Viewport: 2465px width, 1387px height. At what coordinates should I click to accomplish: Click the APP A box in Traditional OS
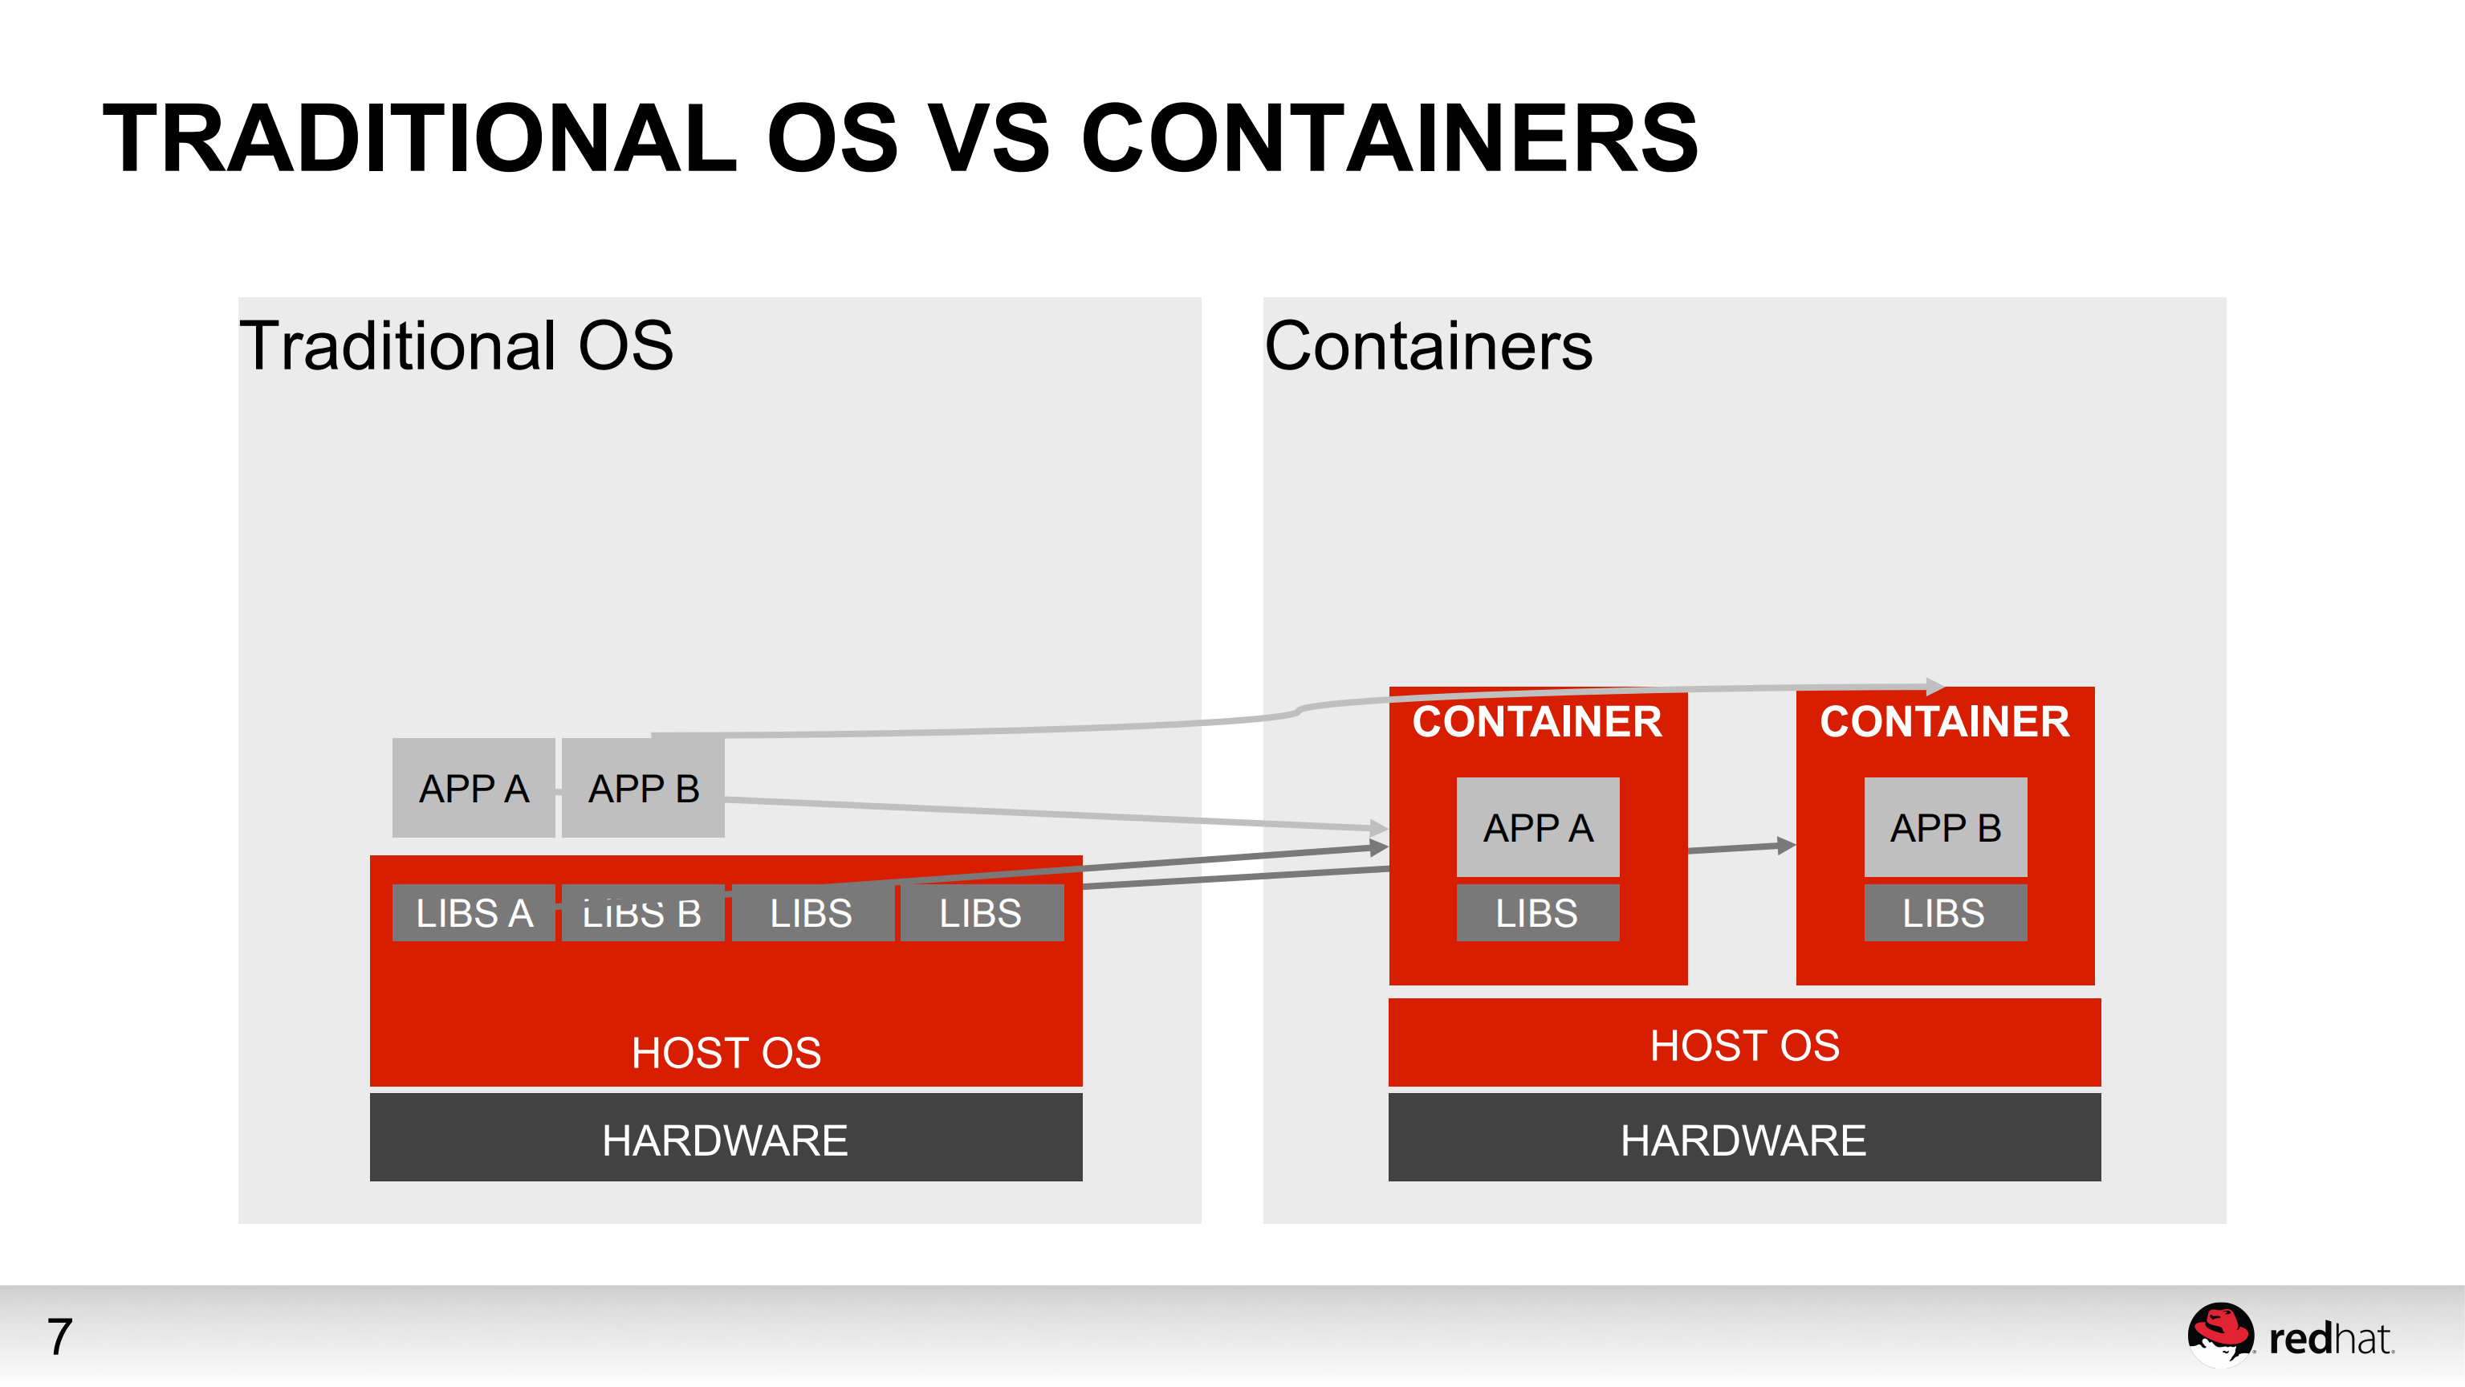[x=474, y=788]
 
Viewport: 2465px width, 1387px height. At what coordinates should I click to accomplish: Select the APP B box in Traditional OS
[x=643, y=788]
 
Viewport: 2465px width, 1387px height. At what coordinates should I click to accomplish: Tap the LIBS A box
[x=474, y=913]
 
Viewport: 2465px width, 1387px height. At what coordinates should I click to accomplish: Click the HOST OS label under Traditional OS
[x=726, y=1052]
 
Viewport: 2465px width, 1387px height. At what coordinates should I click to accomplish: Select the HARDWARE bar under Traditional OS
[x=726, y=1138]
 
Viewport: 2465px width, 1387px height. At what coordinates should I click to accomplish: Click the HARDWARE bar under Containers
[x=1743, y=1138]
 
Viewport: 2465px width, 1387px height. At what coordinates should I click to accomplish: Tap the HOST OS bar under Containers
[x=1743, y=1043]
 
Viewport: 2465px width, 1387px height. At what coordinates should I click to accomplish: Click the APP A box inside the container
[x=1538, y=827]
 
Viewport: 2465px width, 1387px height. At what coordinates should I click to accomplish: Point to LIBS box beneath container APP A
[x=1538, y=913]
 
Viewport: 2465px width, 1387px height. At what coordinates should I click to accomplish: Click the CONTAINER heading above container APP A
[x=1537, y=720]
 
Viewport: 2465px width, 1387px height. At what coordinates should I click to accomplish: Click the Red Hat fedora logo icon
[x=2220, y=1332]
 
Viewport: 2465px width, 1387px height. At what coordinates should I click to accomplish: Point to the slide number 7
[x=59, y=1336]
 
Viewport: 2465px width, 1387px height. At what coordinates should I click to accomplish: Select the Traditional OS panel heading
[x=457, y=345]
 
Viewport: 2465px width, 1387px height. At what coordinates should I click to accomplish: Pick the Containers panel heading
[x=1429, y=345]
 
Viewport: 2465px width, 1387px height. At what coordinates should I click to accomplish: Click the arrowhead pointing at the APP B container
[x=1786, y=845]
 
